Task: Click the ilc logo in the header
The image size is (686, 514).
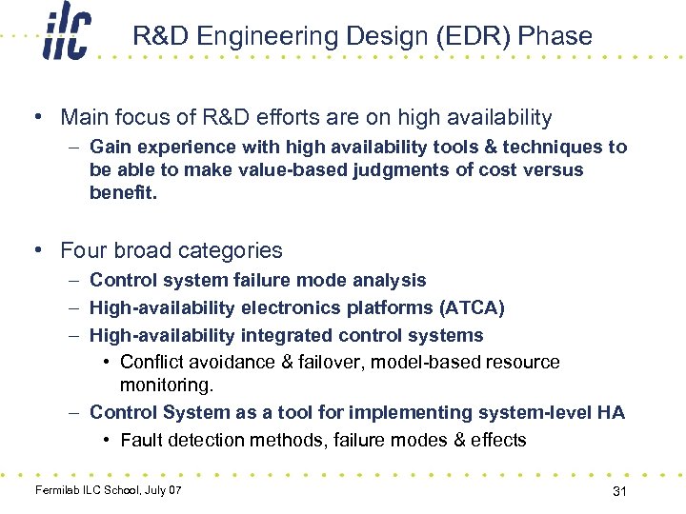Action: [x=67, y=36]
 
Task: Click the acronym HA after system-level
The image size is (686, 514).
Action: [x=611, y=412]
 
